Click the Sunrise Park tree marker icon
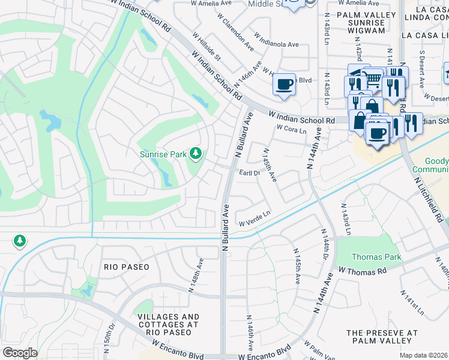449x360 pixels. pyautogui.click(x=195, y=154)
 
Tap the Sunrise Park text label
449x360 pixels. pyautogui.click(x=163, y=154)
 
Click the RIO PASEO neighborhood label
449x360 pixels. pyautogui.click(x=126, y=266)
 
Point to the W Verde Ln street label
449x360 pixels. pyautogui.click(x=255, y=218)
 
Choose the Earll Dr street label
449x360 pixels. pyautogui.click(x=249, y=173)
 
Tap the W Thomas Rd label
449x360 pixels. pyautogui.click(x=362, y=271)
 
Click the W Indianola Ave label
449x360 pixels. pyautogui.click(x=276, y=40)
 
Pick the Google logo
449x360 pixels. pyautogui.click(x=20, y=353)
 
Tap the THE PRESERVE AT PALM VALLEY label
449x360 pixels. pyautogui.click(x=381, y=337)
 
